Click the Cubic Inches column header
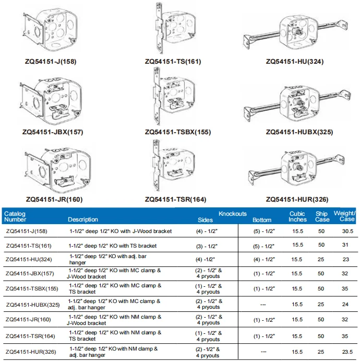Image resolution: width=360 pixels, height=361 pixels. coord(297,216)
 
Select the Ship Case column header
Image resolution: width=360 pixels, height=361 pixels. coord(322,216)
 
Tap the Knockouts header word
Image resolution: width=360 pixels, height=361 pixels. coord(233,214)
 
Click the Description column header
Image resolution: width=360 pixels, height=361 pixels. coord(82,219)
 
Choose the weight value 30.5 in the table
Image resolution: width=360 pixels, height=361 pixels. coord(347,230)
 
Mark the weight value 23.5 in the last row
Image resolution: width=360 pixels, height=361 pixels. coord(347,351)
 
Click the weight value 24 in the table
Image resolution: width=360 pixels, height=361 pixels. coord(347,304)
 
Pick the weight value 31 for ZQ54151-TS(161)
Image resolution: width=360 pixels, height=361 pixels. coord(347,245)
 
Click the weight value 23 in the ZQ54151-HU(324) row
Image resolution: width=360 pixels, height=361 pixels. coord(347,259)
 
